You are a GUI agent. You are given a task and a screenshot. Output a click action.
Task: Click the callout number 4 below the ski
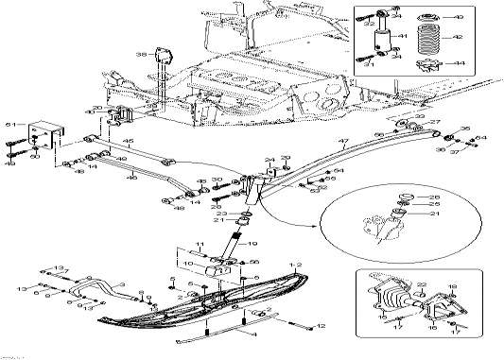click(252, 334)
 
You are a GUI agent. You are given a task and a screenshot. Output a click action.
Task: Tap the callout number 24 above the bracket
click(269, 160)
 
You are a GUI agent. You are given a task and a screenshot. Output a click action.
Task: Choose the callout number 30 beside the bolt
click(217, 179)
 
